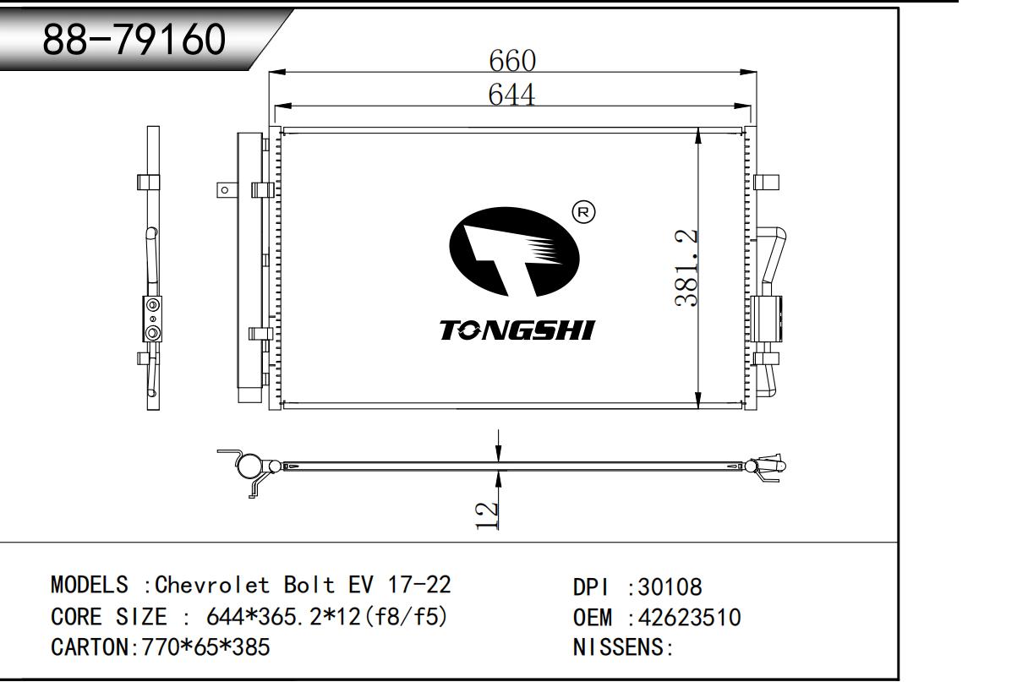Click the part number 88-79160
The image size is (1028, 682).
click(x=134, y=40)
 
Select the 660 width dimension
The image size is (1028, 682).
click(x=512, y=61)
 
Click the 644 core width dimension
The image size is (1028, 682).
click(x=511, y=95)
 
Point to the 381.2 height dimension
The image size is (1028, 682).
click(x=686, y=268)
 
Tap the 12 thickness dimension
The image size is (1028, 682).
click(x=486, y=516)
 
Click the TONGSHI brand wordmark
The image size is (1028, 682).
click(x=517, y=330)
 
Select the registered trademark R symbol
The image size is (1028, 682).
click(x=583, y=212)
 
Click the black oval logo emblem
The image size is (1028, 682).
click(x=514, y=252)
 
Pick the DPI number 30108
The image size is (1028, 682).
click(x=670, y=587)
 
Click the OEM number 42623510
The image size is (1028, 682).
click(x=689, y=617)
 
